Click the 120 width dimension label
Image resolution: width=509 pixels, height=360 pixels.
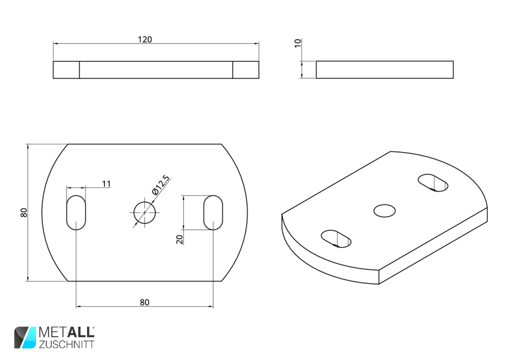click(145, 40)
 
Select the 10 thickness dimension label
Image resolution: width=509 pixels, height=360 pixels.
click(297, 43)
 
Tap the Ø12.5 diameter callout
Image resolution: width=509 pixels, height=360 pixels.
click(161, 184)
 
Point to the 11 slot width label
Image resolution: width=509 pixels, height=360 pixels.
click(106, 184)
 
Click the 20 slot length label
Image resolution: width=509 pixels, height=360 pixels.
click(179, 239)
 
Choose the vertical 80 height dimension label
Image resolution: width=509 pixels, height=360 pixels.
click(24, 213)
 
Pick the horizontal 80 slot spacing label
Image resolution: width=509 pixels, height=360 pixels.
click(144, 303)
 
